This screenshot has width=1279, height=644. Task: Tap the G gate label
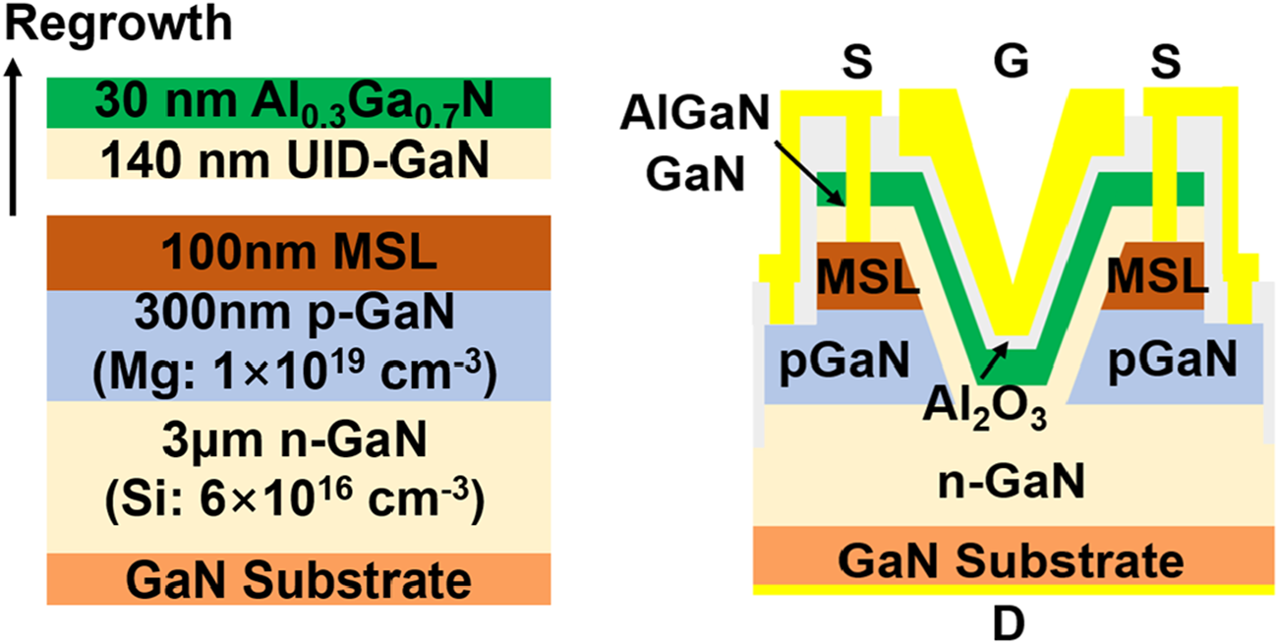pos(1010,63)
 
